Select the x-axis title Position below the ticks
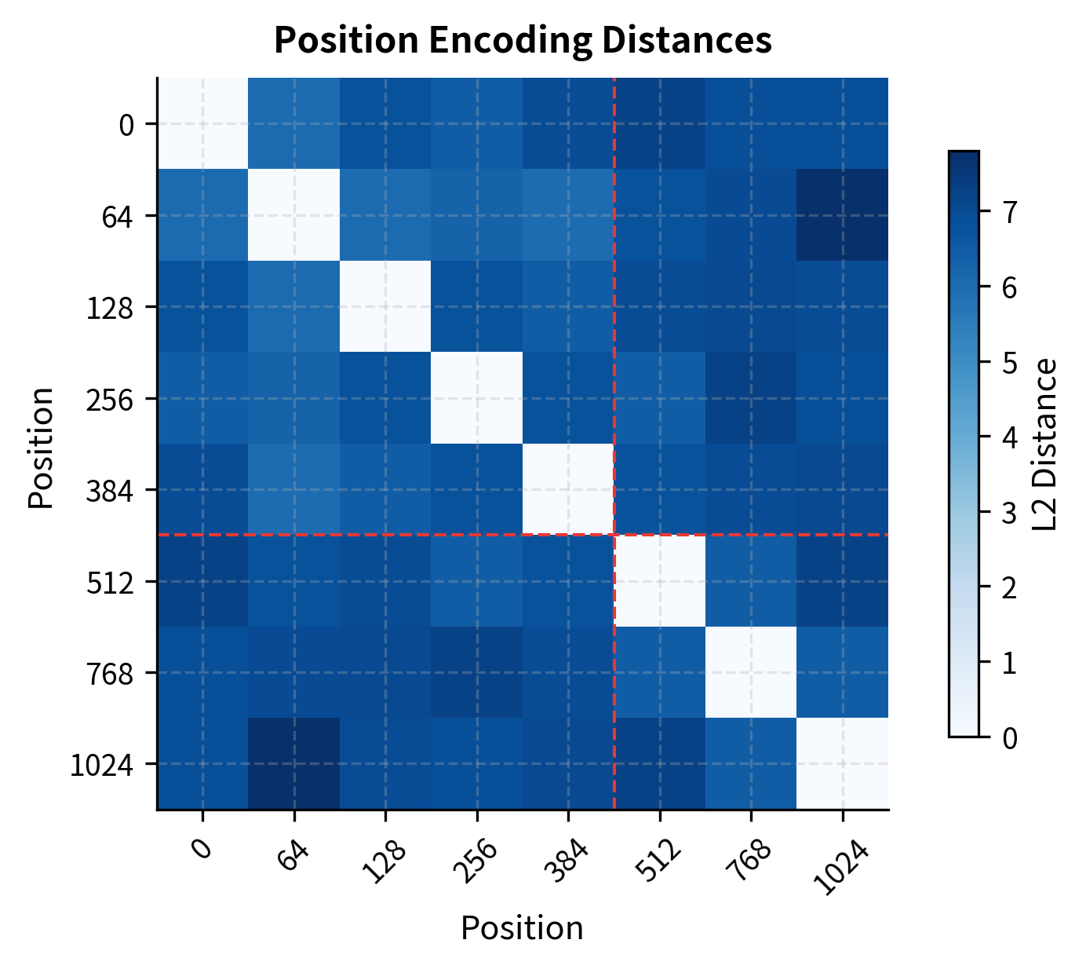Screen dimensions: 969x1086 coord(522,928)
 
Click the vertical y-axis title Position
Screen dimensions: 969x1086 coord(41,448)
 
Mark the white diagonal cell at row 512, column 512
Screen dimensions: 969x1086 coord(659,581)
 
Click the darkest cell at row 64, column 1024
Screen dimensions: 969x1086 coord(843,215)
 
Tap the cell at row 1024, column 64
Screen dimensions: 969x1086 coord(294,763)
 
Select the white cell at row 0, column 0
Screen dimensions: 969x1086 coord(202,124)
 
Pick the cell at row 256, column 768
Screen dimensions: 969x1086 coord(751,398)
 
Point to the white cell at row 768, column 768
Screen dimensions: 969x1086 coord(751,672)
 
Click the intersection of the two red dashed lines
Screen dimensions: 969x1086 coord(614,535)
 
